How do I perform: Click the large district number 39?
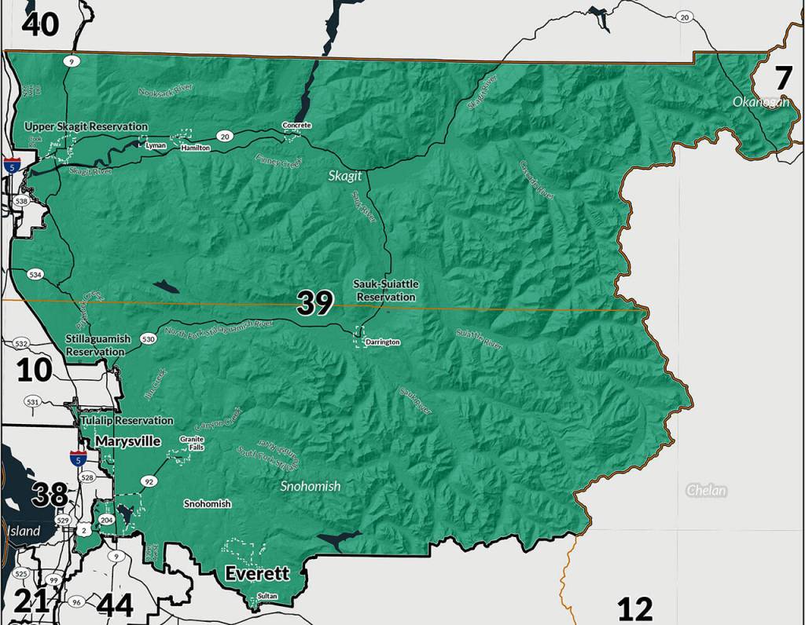pos(315,303)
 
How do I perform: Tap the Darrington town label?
pos(383,342)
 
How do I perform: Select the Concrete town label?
pos(297,126)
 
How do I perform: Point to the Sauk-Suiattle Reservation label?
pos(384,291)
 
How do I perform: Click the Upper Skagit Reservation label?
pos(86,126)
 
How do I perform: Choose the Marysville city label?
pos(128,441)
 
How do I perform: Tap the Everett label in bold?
pos(257,574)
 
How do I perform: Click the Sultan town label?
pos(267,597)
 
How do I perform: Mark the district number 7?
pos(783,79)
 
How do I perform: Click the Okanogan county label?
pos(760,102)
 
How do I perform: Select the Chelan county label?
pos(705,492)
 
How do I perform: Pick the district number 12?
pos(634,609)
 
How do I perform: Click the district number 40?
pos(40,24)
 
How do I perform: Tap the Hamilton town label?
pos(195,148)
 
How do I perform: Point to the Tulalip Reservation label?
pos(127,421)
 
